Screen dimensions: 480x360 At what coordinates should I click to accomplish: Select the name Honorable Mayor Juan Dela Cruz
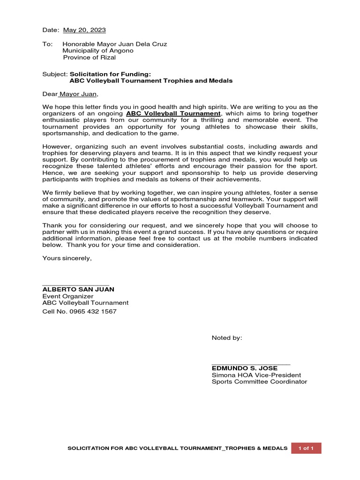click(x=115, y=44)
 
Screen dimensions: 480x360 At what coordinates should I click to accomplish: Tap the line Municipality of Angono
click(x=98, y=51)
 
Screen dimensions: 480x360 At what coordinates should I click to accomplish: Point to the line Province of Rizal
click(x=89, y=58)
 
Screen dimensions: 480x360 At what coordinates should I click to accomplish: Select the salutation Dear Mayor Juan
click(x=71, y=94)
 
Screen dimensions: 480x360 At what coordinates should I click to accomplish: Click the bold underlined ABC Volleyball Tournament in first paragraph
click(x=173, y=114)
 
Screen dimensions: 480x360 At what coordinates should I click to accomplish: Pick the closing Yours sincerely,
click(x=67, y=258)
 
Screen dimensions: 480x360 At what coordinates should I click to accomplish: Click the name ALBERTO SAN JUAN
click(x=78, y=290)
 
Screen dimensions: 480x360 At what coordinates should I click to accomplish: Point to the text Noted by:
click(x=227, y=338)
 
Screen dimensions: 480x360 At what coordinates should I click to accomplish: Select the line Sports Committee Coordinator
click(x=259, y=382)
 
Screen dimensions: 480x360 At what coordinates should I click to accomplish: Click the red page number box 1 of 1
click(x=306, y=448)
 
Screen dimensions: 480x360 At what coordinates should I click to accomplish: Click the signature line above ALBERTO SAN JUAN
click(x=75, y=285)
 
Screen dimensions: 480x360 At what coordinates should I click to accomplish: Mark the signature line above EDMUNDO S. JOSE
click(x=251, y=364)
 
